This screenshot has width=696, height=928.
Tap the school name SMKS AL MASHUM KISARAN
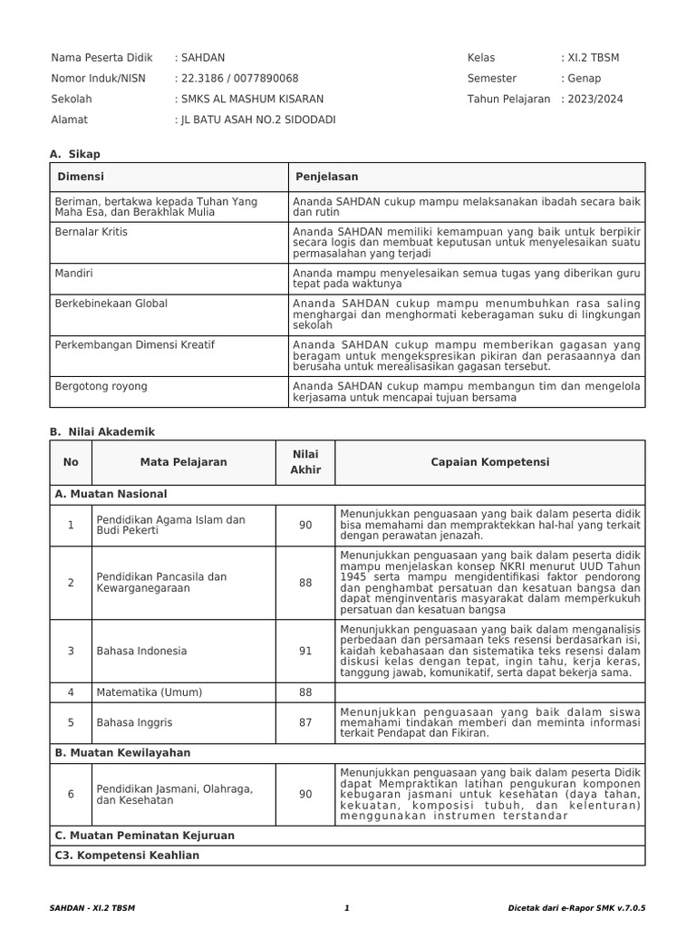coord(251,100)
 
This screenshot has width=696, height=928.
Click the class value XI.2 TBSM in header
coord(593,58)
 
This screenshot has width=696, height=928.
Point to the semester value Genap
coord(584,79)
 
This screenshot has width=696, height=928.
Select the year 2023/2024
coord(594,100)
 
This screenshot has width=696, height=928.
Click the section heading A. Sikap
coord(75,155)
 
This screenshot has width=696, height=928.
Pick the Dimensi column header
coord(81,177)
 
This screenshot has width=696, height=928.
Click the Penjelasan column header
coord(325,177)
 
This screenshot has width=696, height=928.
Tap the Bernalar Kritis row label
coord(92,232)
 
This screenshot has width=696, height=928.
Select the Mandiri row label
coord(74,272)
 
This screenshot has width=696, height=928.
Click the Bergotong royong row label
coord(101,386)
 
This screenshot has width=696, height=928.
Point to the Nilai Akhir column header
coord(304,462)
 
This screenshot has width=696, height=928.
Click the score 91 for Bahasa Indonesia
coord(304,651)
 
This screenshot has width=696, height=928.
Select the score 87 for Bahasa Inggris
coord(304,722)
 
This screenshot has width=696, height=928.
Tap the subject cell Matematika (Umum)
coord(149,692)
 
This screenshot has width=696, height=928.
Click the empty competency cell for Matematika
coord(489,692)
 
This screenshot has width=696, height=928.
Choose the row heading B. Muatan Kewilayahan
coord(122,752)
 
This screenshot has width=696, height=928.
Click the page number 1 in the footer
coord(346,907)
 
